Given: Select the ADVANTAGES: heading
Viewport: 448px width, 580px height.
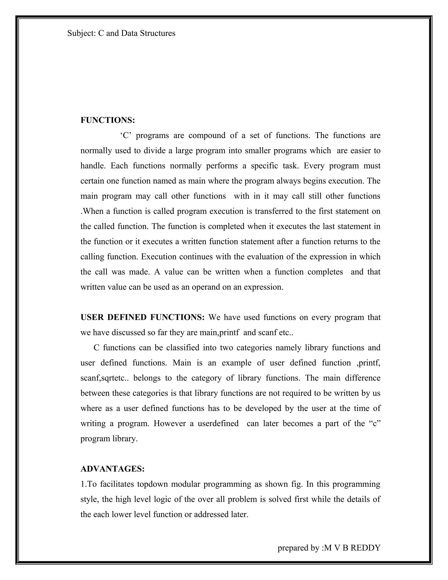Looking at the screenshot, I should (112, 469).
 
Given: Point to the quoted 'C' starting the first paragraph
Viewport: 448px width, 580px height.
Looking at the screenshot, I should (126, 135).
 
